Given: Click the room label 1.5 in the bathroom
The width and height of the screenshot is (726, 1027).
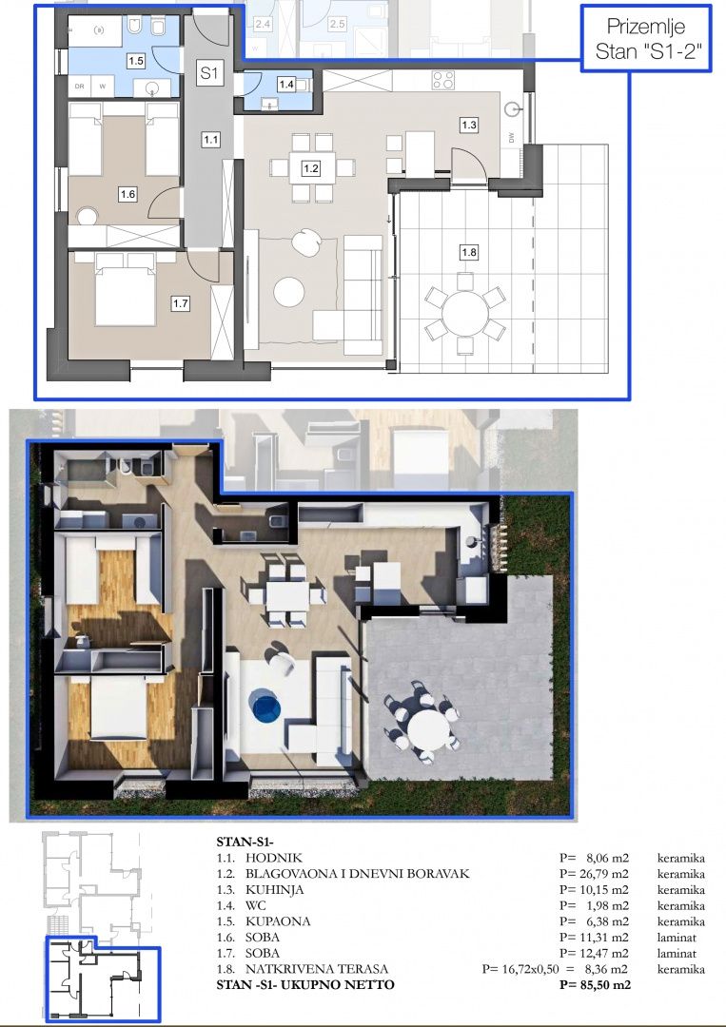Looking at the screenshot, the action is (136, 61).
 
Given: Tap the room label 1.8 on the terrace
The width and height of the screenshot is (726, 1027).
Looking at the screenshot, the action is (468, 252).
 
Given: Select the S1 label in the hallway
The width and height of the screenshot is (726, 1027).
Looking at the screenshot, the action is (209, 72).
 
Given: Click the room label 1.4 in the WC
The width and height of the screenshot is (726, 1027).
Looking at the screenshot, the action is (286, 85).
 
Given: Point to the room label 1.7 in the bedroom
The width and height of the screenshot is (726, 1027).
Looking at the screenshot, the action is (180, 303).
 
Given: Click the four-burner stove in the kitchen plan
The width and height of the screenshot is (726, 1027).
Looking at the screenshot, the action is (443, 81).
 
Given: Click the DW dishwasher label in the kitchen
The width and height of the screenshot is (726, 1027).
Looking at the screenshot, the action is (511, 138).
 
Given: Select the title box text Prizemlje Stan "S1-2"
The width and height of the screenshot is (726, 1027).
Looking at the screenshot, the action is (645, 38).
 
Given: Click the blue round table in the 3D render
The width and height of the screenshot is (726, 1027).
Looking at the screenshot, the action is (265, 706).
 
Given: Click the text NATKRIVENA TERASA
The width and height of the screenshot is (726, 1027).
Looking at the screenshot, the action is (317, 969).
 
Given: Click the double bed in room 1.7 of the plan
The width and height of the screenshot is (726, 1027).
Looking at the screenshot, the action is (126, 291).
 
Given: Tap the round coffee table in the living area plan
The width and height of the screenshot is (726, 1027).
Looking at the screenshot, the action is (289, 292).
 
